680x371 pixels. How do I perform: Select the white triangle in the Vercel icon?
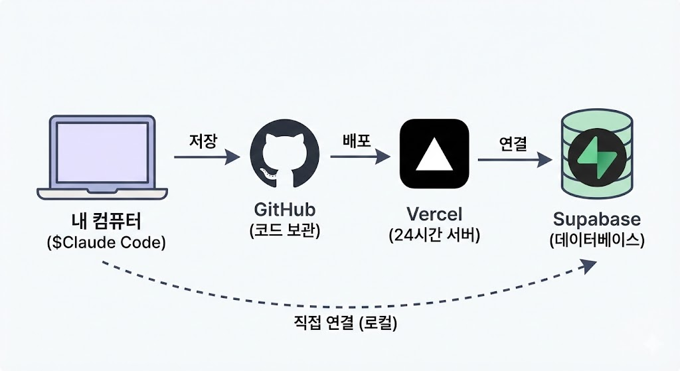434,156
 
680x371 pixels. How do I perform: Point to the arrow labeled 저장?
206,157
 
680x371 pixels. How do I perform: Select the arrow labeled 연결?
515,159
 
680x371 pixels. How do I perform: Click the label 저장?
203,141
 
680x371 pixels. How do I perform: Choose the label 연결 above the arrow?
512,143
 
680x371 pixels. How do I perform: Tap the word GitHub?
285,210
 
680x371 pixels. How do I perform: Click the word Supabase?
597,219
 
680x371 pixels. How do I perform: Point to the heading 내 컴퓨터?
106,222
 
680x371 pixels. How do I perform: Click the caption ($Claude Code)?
106,243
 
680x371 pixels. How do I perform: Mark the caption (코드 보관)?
285,232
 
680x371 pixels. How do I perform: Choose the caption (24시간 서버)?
434,236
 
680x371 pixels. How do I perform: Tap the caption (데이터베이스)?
597,240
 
